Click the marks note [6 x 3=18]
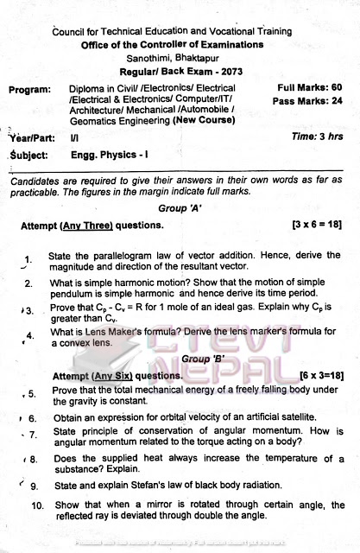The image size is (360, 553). point(309,375)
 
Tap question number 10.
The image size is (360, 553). point(37,505)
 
